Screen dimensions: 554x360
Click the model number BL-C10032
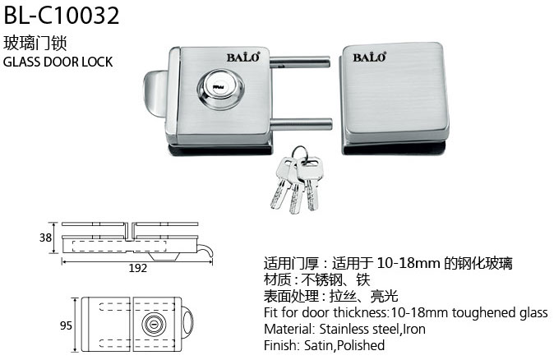(x=62, y=16)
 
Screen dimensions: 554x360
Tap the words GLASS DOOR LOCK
(x=58, y=62)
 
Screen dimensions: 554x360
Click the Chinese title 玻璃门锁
(x=35, y=43)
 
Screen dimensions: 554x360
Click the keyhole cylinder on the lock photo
(x=219, y=87)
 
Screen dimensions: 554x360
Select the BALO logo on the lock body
(x=243, y=58)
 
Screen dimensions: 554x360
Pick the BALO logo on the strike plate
(x=370, y=58)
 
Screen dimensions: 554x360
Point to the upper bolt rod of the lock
(x=300, y=62)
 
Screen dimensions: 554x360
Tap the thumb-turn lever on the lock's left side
(x=155, y=94)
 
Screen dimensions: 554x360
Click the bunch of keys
(x=294, y=180)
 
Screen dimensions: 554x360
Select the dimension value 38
(x=45, y=238)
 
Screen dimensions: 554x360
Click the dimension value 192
(x=137, y=268)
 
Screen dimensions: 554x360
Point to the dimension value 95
(x=66, y=325)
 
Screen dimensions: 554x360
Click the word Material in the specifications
(x=289, y=329)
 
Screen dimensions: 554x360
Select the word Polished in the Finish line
(x=361, y=345)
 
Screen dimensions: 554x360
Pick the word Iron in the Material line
(x=414, y=329)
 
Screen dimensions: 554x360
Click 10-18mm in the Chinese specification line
(x=409, y=263)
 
